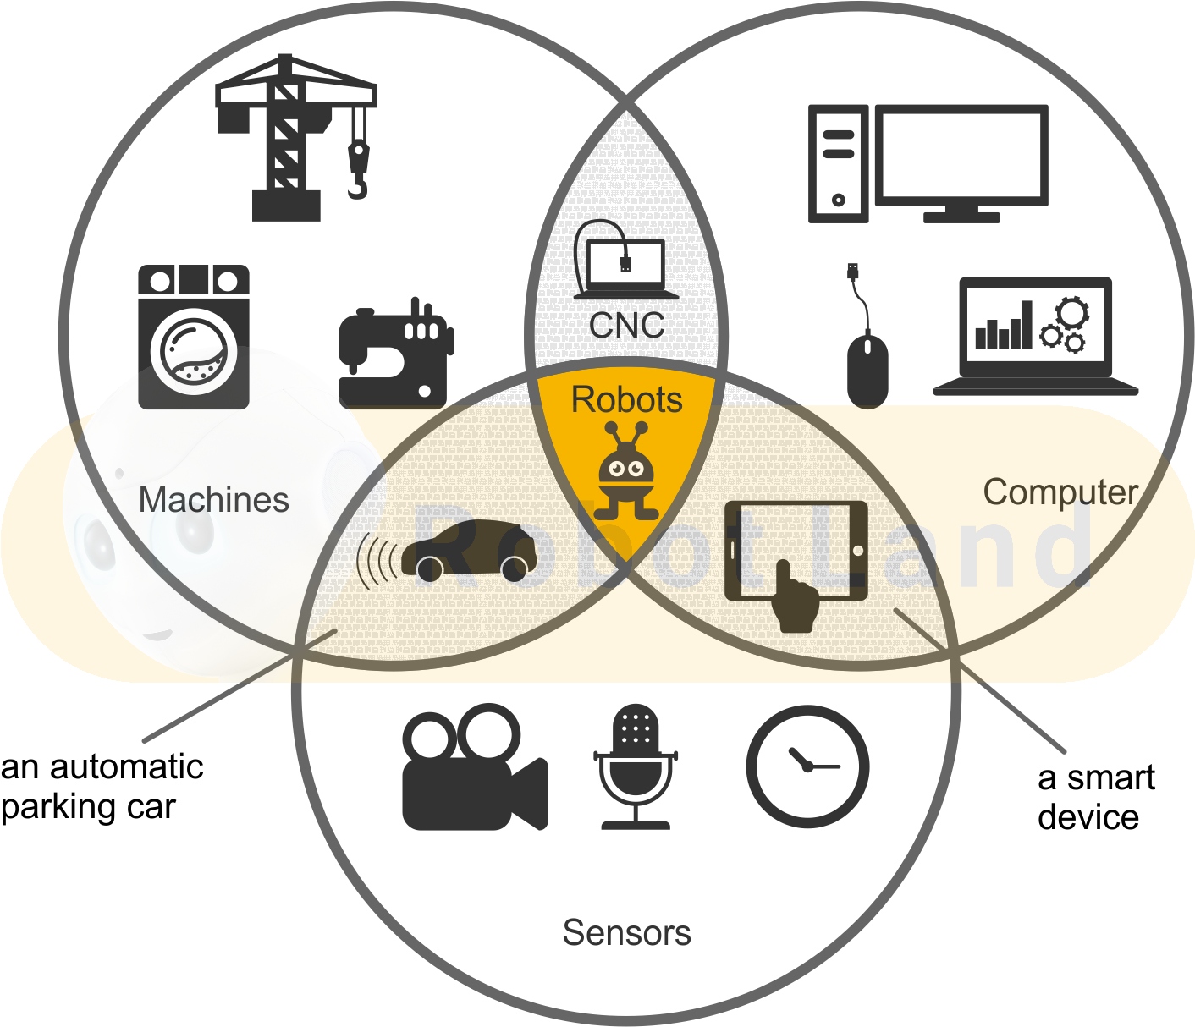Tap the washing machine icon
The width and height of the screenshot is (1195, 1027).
pos(194,337)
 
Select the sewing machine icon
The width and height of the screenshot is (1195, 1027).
pos(395,355)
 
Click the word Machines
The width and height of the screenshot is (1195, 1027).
pos(213,500)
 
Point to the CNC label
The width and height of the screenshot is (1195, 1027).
pos(626,325)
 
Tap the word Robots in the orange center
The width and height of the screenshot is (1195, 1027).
pos(626,399)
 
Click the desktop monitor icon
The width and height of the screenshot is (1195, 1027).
pos(961,161)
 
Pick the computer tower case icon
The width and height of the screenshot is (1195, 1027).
pos(838,164)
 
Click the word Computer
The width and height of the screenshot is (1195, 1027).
pos(1060,492)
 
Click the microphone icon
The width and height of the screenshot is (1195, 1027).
pos(636,766)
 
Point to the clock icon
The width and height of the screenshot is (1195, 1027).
pos(807,766)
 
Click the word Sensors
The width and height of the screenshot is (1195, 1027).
pos(626,933)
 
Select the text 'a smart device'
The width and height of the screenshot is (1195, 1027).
pos(1095,798)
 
